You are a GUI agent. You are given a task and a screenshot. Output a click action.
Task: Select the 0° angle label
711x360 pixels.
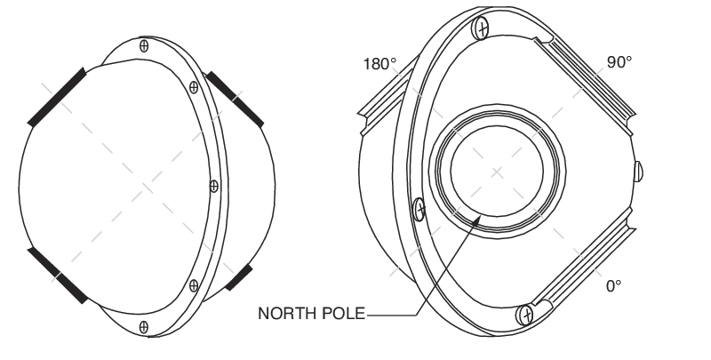point(613,287)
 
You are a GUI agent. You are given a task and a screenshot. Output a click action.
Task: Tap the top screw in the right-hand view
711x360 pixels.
point(482,28)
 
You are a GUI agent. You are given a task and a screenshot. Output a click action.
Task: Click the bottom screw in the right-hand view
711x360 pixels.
point(526,314)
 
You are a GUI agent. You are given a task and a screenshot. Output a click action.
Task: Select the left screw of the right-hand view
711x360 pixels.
point(420,210)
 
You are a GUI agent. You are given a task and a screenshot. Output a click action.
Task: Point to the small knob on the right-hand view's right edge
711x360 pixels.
point(640,170)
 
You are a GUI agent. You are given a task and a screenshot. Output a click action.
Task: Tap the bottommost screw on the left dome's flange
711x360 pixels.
point(144,324)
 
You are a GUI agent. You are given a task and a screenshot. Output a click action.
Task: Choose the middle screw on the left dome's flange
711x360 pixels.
point(212,186)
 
